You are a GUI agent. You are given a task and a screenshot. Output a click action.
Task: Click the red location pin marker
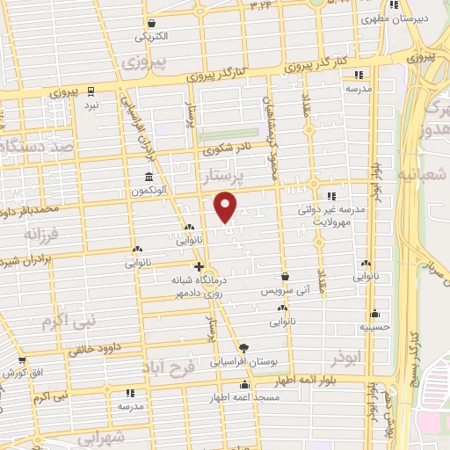226,206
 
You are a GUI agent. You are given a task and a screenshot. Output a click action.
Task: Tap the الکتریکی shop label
152,38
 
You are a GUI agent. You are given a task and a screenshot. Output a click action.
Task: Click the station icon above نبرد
91,91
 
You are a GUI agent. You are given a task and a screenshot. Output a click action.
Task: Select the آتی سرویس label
282,289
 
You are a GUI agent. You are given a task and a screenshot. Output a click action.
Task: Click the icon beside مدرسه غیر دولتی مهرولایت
332,197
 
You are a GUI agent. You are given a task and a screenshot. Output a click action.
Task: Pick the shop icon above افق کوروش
22,360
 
